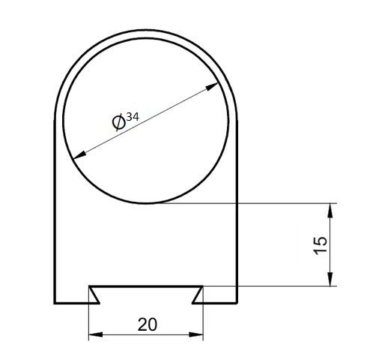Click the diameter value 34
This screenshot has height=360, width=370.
(133, 117)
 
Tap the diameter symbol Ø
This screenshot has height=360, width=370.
(119, 122)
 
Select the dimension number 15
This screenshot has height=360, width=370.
(321, 245)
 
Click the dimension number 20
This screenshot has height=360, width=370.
(148, 325)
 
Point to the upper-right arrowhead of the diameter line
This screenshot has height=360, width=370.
(212, 86)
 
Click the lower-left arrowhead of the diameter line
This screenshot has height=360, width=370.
(80, 155)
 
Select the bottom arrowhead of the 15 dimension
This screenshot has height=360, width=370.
(330, 279)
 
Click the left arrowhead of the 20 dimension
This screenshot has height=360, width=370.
(96, 334)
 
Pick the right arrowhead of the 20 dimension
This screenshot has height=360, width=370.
(196, 334)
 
